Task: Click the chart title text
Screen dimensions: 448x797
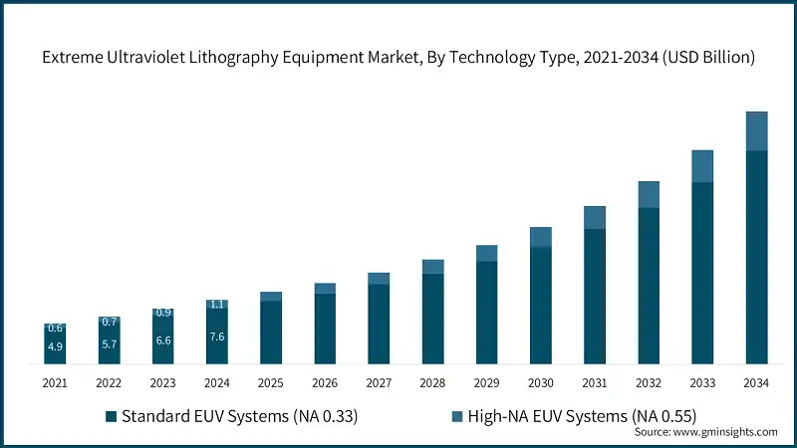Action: click(398, 59)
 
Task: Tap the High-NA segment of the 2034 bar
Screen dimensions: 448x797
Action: click(756, 130)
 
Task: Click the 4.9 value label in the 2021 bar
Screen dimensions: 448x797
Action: click(55, 346)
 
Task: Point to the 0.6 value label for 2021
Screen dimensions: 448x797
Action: click(55, 329)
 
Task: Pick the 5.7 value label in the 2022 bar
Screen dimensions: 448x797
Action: click(109, 343)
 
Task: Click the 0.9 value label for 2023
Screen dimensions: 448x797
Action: click(163, 313)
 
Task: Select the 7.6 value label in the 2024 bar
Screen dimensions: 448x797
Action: click(217, 336)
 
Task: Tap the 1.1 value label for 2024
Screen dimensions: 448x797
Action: click(217, 304)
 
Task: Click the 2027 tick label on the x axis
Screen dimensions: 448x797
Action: click(379, 382)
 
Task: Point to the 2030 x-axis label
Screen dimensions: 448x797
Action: click(540, 382)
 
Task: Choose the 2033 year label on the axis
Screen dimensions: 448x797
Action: click(702, 382)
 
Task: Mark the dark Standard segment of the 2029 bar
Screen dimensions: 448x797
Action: click(486, 313)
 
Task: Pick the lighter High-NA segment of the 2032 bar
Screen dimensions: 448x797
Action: click(649, 194)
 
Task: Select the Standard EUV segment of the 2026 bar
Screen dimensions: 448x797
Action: click(325, 329)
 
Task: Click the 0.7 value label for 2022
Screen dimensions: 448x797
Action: click(109, 322)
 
